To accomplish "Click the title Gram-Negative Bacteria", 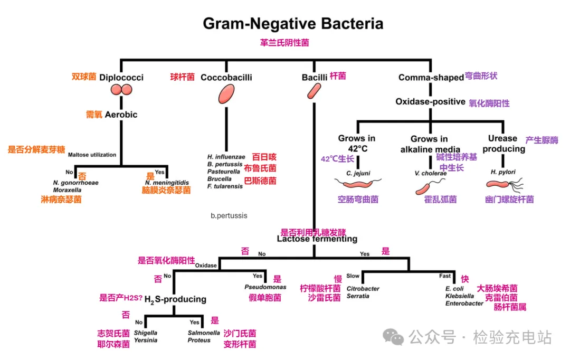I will click(293, 24).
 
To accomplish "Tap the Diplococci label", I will click(121, 77).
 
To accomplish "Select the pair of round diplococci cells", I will click(121, 90).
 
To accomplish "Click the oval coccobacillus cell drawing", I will click(226, 93).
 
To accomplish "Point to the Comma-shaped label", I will click(431, 77).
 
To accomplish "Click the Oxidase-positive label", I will click(430, 101).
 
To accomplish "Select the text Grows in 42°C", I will click(357, 144).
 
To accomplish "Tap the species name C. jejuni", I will click(357, 172).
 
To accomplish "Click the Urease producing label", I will click(503, 144).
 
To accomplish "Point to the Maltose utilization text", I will click(92, 155).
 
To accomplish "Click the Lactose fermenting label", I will click(317, 239).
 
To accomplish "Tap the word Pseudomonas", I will click(265, 287).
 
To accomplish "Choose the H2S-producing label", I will click(175, 299).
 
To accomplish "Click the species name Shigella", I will click(145, 333).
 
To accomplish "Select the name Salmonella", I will click(204, 333).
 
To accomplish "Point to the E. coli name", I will click(454, 288).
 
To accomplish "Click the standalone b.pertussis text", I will click(229, 215).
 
